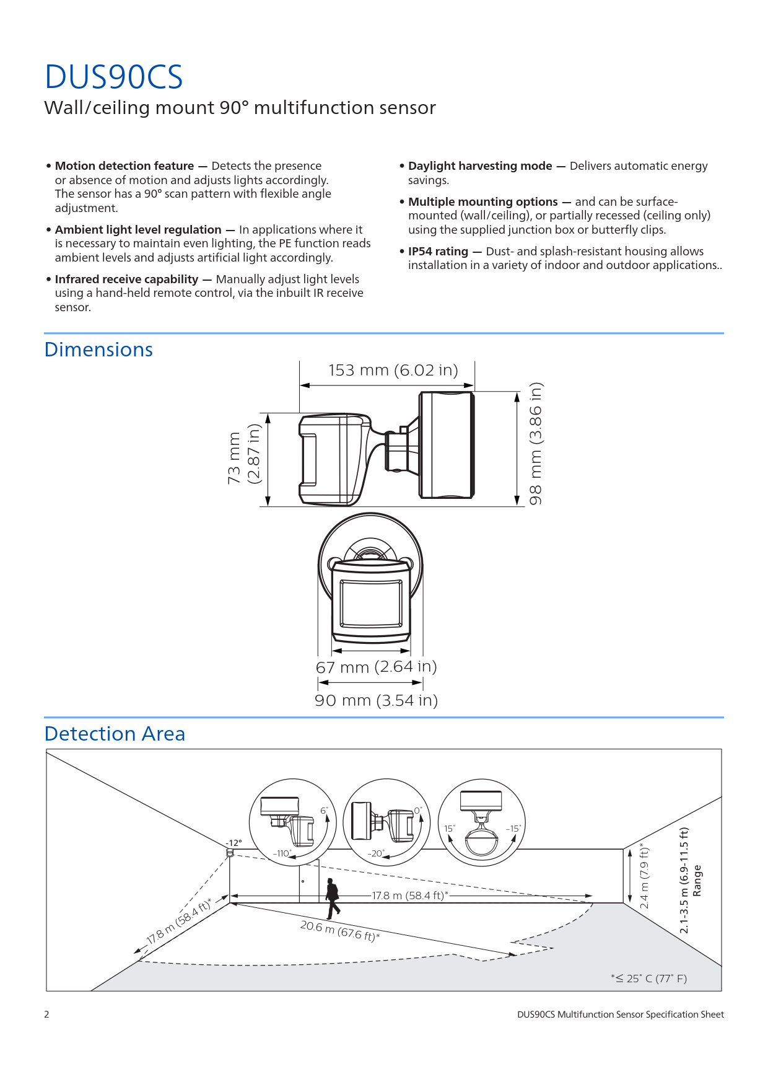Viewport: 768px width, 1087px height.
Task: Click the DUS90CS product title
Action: tap(114, 77)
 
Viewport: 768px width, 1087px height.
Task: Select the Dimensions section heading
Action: tap(98, 350)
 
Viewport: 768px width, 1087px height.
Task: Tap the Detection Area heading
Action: tap(115, 734)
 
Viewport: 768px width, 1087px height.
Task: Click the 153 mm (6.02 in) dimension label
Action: tap(393, 370)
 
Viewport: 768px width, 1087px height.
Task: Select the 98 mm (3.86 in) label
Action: tap(536, 443)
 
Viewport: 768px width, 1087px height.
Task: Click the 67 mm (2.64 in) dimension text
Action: tap(377, 667)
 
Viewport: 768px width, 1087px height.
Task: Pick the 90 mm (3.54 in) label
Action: tap(377, 700)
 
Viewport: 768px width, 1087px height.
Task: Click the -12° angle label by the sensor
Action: tap(233, 843)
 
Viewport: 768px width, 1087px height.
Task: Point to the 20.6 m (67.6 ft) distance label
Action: tap(340, 930)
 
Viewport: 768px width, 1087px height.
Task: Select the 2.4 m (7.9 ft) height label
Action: tap(644, 876)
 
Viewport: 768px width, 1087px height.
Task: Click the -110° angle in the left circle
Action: tap(282, 853)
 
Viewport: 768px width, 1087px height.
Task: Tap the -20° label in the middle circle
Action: tap(377, 853)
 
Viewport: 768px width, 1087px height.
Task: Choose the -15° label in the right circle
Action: tap(513, 829)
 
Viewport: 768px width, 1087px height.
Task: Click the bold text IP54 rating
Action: tap(438, 251)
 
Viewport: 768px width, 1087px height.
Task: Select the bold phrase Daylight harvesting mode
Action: tap(480, 166)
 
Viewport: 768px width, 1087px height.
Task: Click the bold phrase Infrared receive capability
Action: tap(126, 279)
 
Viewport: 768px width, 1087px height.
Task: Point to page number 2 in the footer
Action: tap(46, 1014)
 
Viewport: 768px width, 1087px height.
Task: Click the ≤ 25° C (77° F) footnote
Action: tap(649, 979)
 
